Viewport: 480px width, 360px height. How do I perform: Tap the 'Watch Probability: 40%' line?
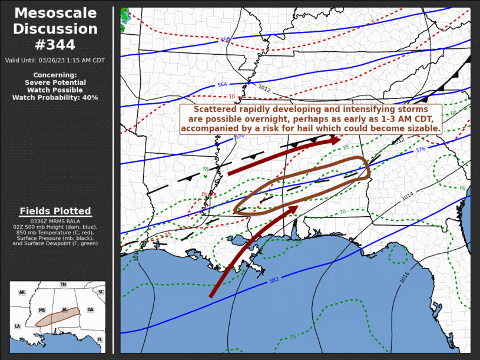[55, 97]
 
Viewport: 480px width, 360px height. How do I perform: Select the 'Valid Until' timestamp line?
[55, 60]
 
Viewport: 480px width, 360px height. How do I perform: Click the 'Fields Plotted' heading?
[55, 211]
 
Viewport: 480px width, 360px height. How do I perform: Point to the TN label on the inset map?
[63, 285]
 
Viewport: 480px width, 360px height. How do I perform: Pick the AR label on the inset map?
[22, 292]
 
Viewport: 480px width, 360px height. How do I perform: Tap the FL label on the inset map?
[100, 340]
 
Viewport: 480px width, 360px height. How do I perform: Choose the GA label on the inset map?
[90, 310]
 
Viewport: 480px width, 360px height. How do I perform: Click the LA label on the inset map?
[17, 326]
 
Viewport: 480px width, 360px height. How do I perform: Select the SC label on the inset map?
[101, 292]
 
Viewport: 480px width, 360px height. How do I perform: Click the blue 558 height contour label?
[225, 40]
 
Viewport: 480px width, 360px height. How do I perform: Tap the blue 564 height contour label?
[222, 84]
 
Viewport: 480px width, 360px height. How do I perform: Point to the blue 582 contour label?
[274, 280]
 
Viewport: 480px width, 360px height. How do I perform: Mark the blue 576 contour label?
[420, 150]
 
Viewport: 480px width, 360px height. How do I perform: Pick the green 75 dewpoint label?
[293, 337]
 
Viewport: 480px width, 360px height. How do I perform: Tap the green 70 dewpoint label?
[342, 212]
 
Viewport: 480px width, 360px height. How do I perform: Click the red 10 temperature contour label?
[231, 97]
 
